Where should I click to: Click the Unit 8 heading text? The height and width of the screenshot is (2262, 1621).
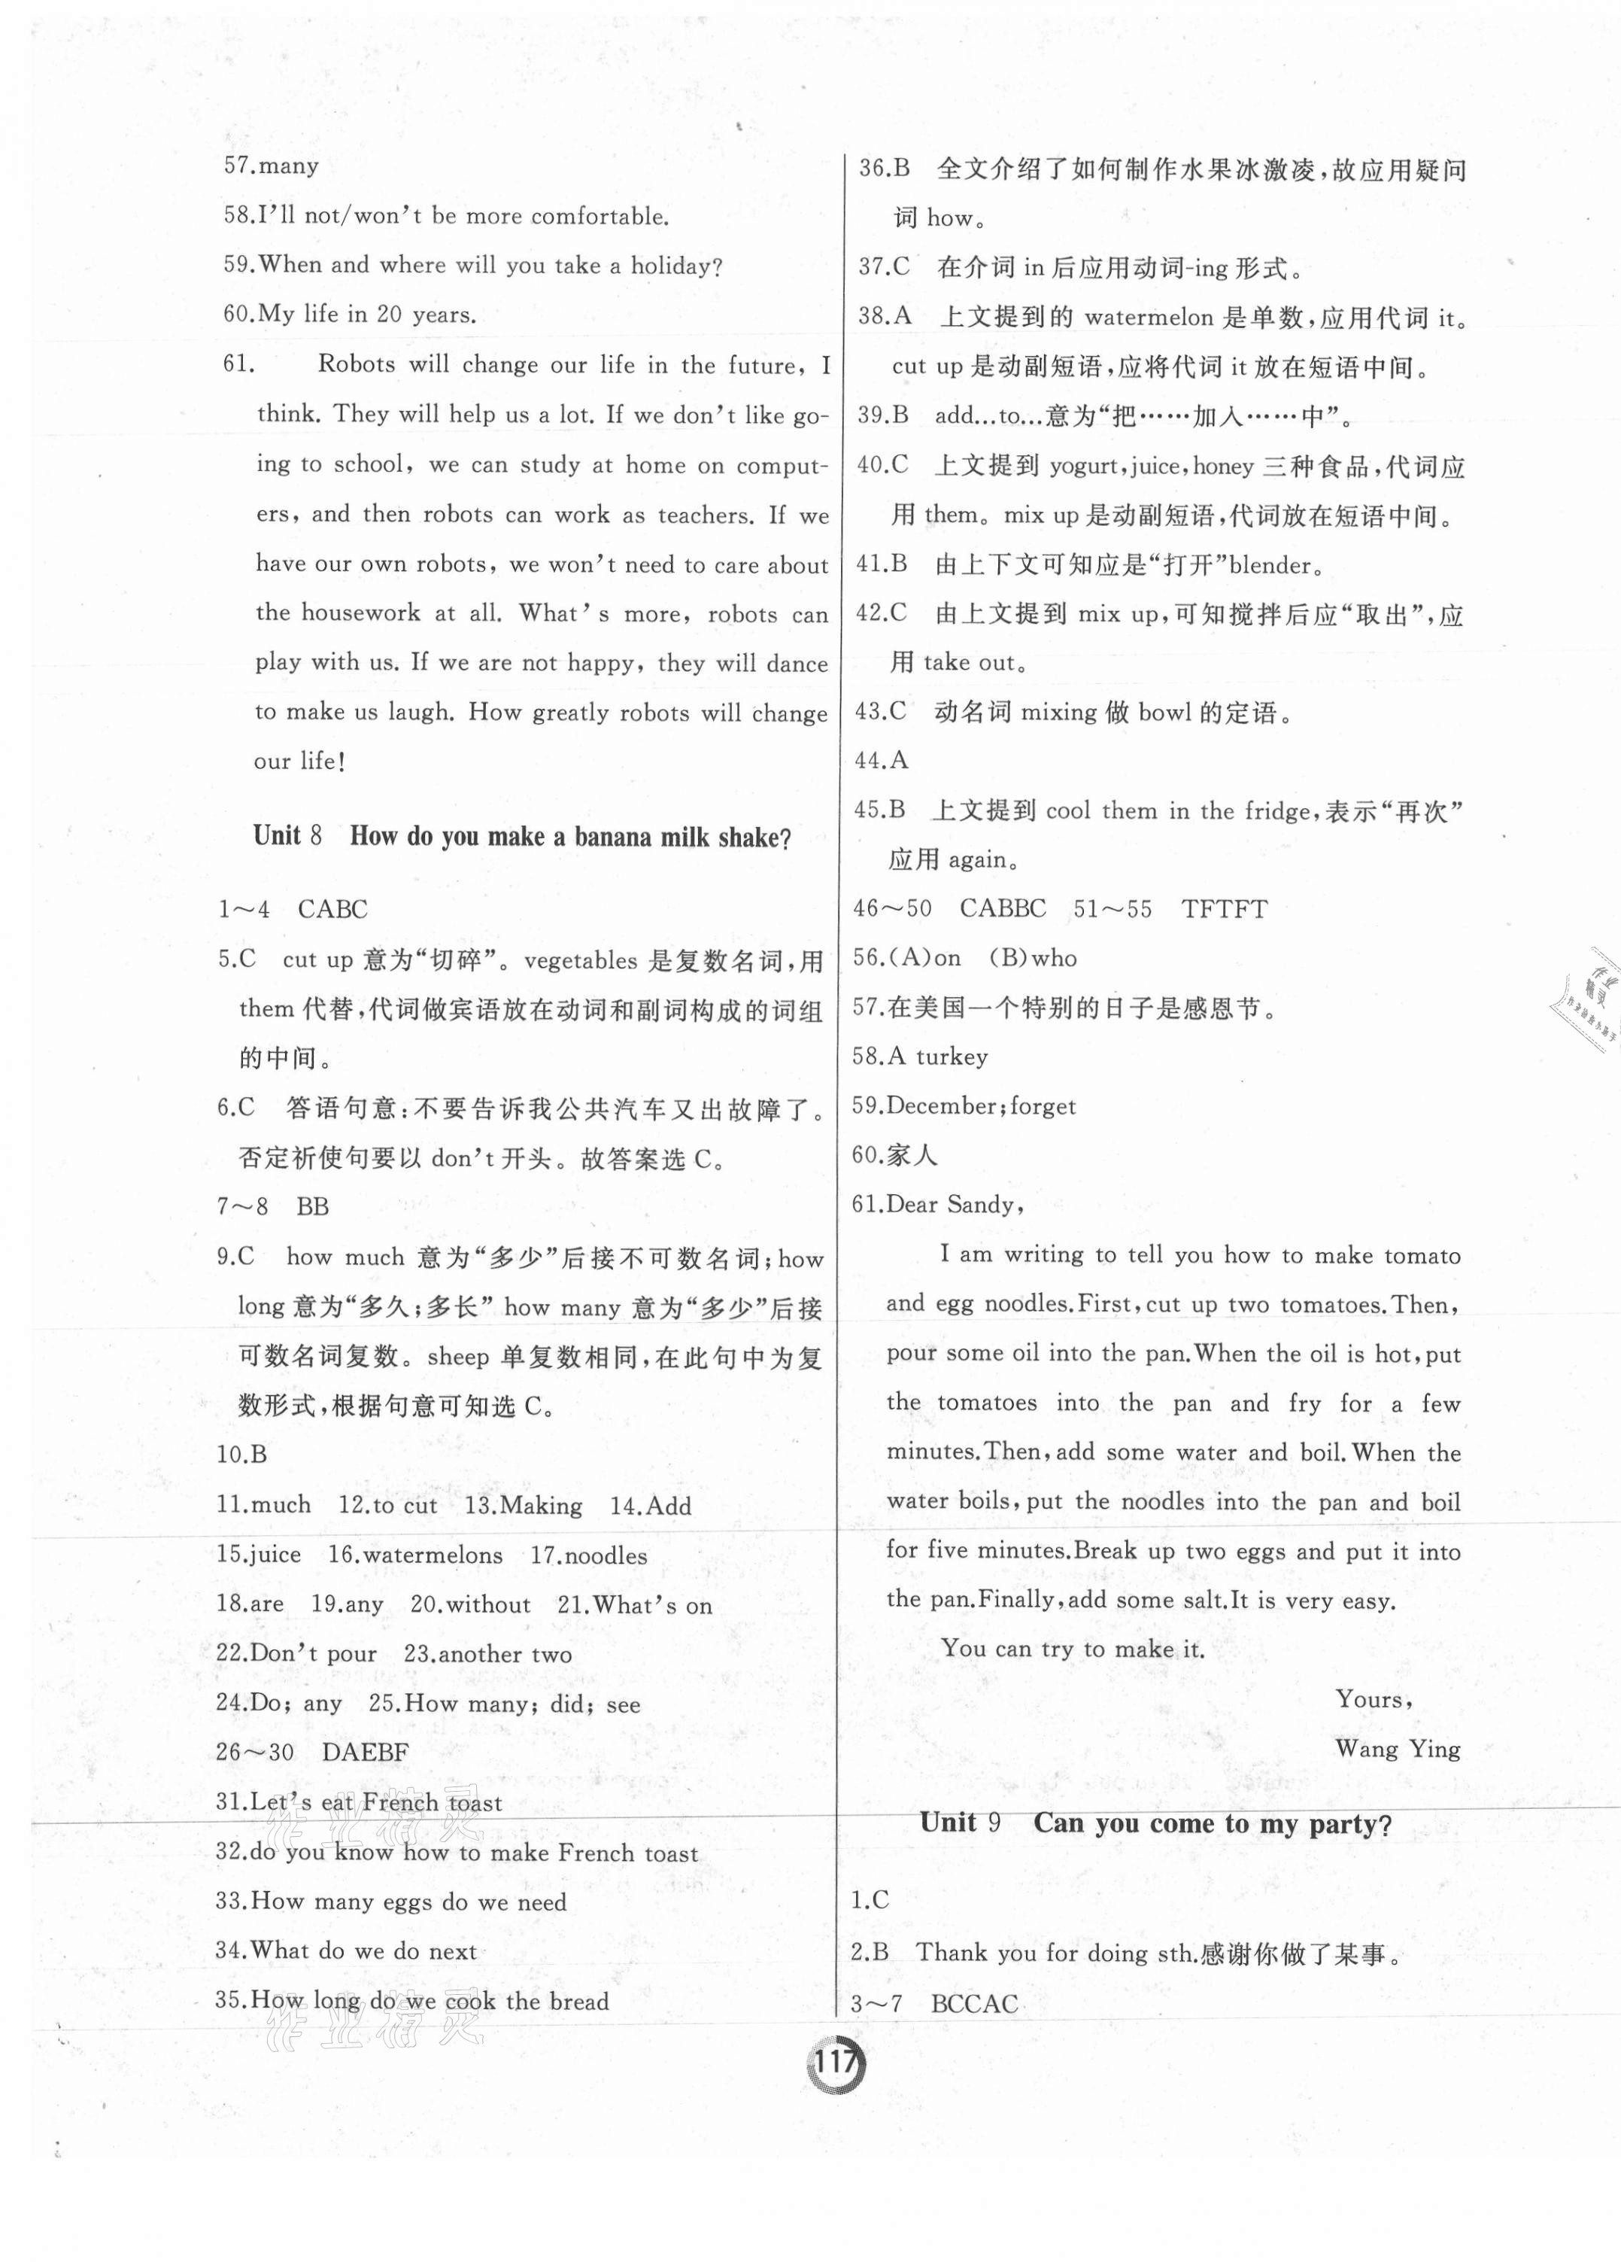pos(521,837)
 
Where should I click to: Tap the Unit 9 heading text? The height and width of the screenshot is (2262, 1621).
pos(1155,1823)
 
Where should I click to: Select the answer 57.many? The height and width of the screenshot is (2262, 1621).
pos(270,166)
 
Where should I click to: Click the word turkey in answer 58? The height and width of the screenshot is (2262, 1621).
pos(951,1057)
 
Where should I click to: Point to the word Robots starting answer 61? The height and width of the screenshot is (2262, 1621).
pos(357,364)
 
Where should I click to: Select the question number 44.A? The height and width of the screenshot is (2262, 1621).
pos(882,761)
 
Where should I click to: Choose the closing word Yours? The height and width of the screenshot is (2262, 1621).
pos(1372,1699)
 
